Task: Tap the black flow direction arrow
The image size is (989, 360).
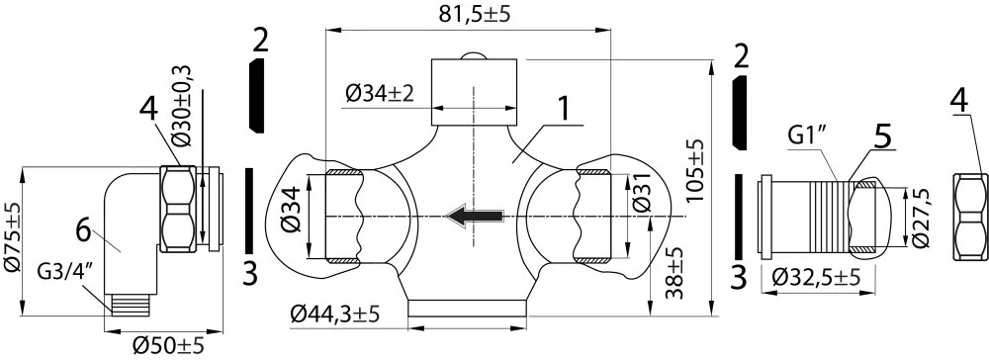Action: (x=474, y=216)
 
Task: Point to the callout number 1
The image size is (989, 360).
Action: (x=565, y=110)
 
